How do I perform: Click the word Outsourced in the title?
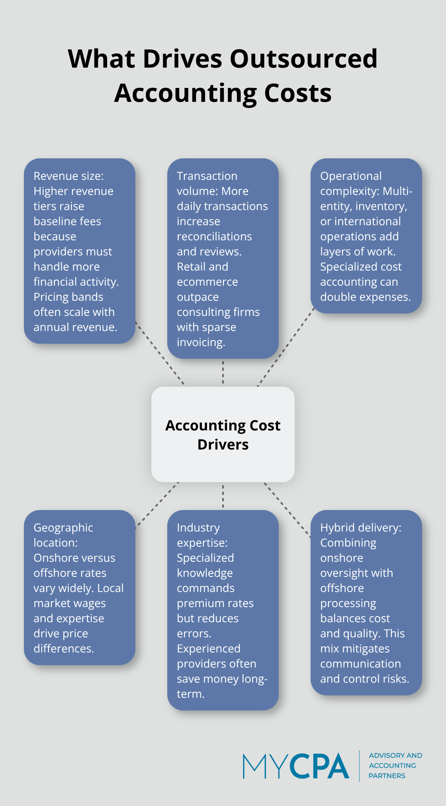303,59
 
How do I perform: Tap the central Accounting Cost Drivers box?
223,434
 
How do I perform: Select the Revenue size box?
80,251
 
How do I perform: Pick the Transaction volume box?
223,259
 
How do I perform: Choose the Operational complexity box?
366,236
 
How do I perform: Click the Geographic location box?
80,588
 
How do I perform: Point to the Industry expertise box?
223,610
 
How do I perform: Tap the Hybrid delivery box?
366,603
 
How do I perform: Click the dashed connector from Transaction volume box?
223,372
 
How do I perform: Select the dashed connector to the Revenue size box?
160,353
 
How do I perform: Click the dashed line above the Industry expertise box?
223,496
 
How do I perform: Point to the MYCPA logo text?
296,766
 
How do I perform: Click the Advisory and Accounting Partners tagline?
395,765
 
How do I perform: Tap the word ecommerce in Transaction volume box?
207,282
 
